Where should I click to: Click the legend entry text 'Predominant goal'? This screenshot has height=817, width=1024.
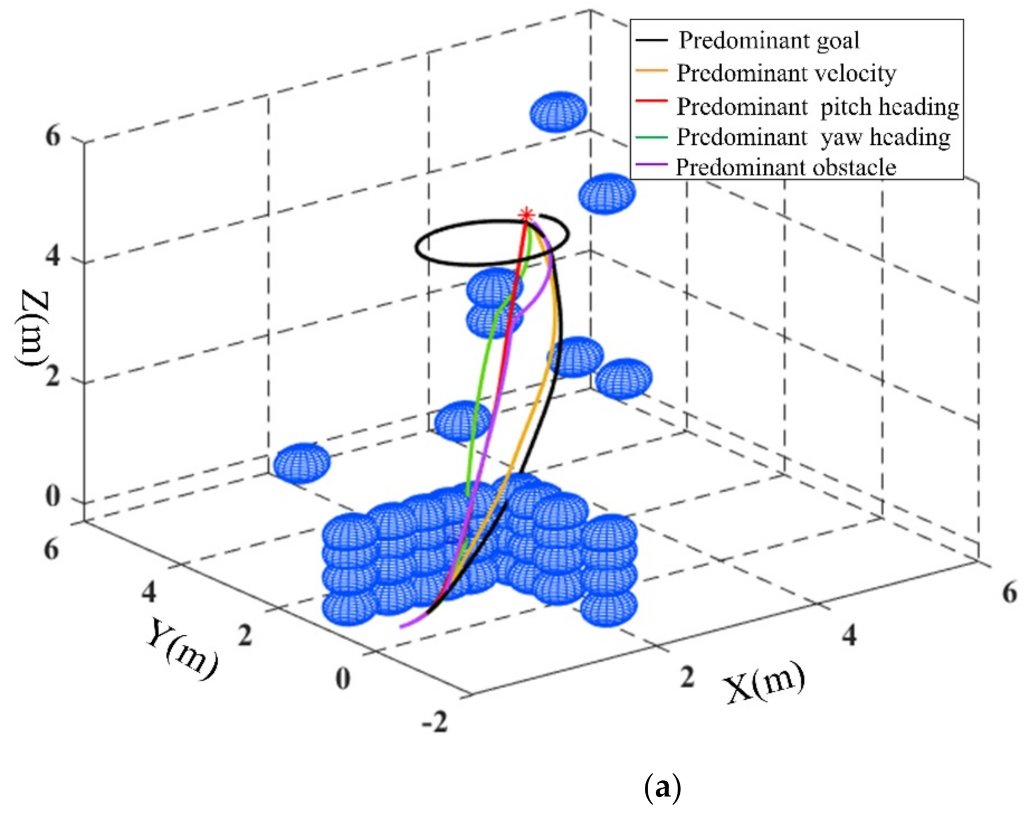[x=768, y=40]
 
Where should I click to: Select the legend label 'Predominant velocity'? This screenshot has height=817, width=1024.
[x=786, y=73]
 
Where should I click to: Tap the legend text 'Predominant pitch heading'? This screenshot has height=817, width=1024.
[x=818, y=107]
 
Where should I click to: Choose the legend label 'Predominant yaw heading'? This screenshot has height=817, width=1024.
[x=813, y=137]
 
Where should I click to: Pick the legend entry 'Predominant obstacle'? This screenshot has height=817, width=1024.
[x=785, y=168]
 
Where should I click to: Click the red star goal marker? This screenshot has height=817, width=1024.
[x=526, y=215]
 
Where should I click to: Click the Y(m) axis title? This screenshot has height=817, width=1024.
[x=182, y=648]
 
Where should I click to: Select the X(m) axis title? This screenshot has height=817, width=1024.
[x=764, y=683]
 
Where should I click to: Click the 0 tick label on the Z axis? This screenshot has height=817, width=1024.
[x=53, y=496]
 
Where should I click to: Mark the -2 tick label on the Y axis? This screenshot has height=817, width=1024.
[x=435, y=721]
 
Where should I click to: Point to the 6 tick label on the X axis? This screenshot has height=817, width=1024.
[x=1009, y=593]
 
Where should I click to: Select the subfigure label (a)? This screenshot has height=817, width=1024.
[x=662, y=788]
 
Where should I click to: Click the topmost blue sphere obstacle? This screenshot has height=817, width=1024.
[x=558, y=111]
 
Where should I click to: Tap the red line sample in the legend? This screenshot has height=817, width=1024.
[x=651, y=101]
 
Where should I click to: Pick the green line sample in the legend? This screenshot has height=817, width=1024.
[x=651, y=137]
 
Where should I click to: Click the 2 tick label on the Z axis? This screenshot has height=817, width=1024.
[x=53, y=376]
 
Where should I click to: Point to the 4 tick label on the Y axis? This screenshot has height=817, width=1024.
[x=149, y=592]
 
